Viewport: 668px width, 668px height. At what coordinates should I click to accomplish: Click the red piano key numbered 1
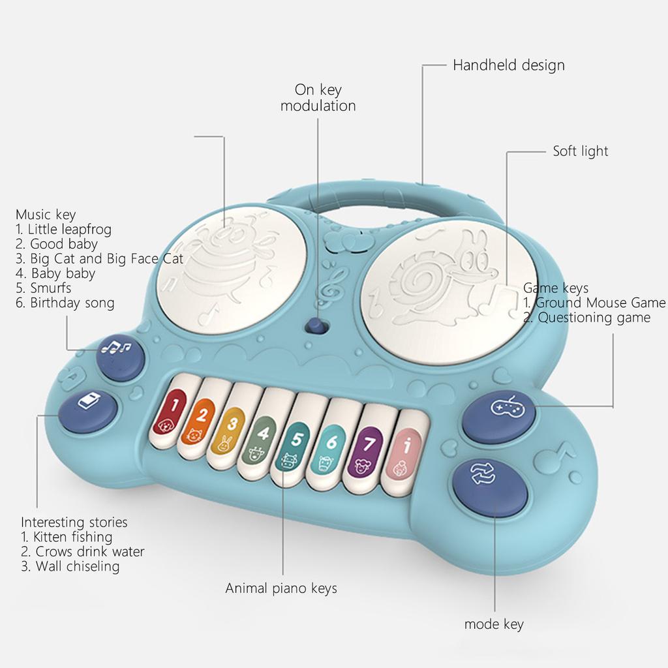(x=173, y=414)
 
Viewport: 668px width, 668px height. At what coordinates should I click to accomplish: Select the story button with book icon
(x=87, y=410)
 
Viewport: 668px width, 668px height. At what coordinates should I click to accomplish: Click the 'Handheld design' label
(x=509, y=65)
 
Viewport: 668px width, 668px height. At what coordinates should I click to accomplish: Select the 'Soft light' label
(x=580, y=151)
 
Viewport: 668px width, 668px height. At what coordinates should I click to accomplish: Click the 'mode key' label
(x=494, y=624)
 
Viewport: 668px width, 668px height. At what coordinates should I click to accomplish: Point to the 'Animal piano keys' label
(x=281, y=588)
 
